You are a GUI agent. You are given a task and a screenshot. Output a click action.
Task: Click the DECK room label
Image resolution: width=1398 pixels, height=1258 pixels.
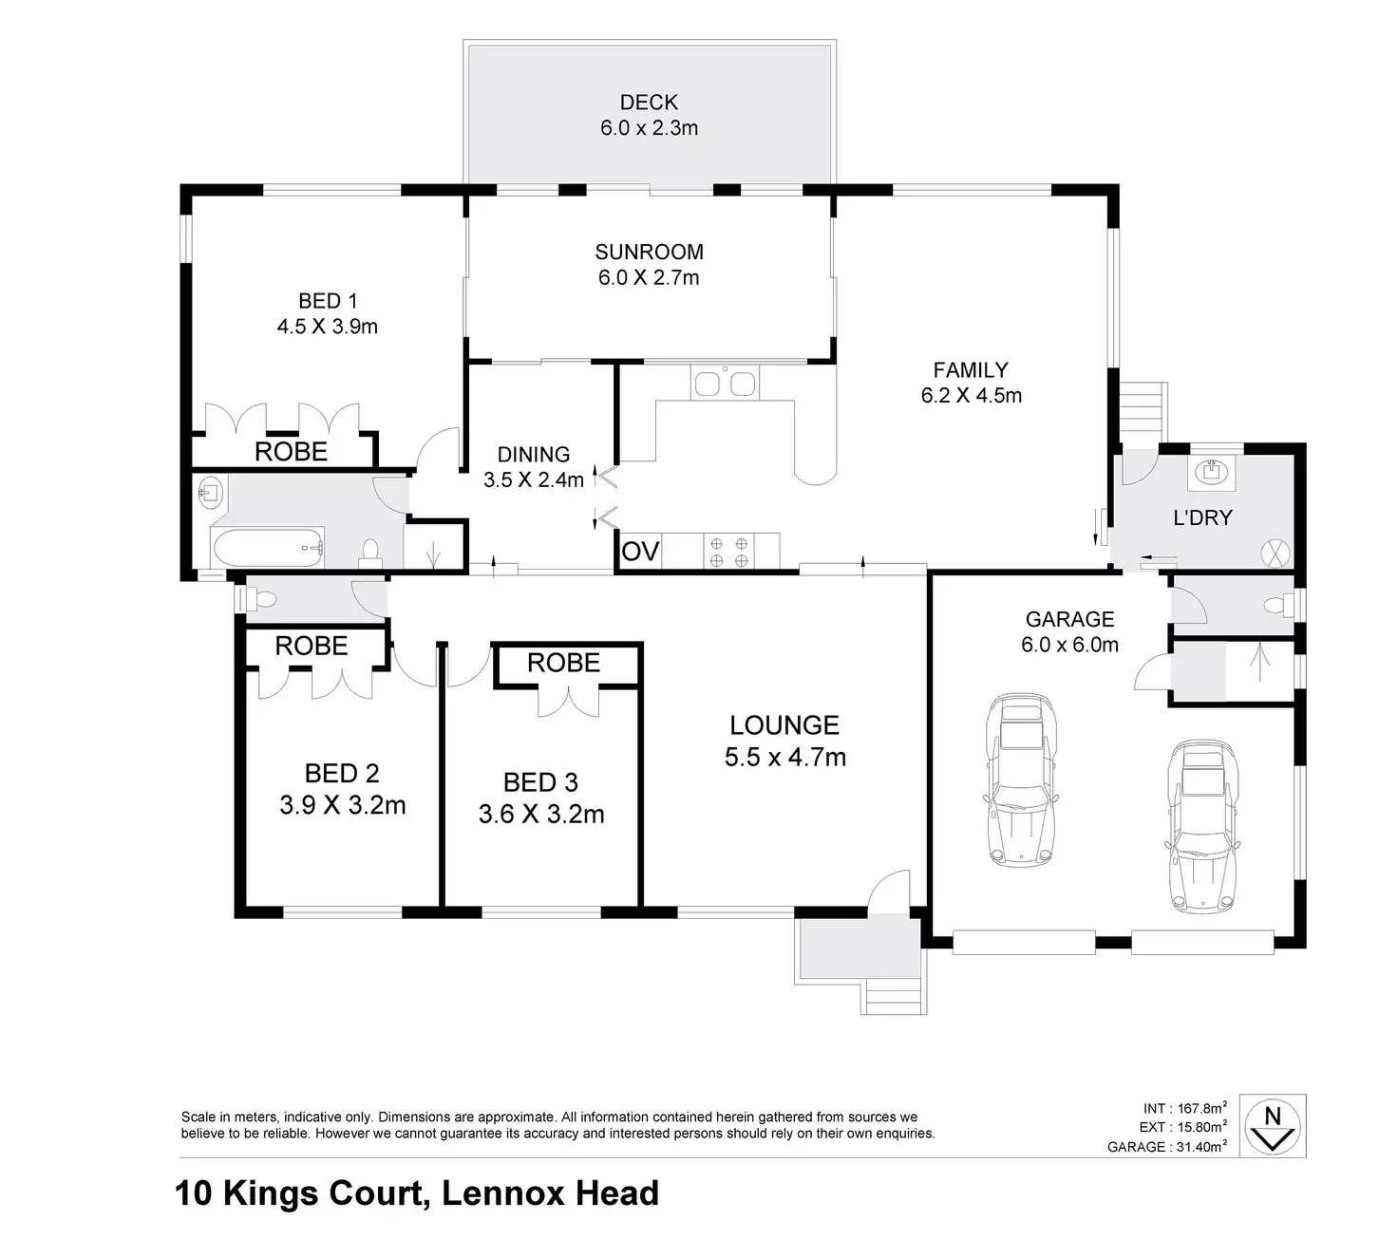[649, 103]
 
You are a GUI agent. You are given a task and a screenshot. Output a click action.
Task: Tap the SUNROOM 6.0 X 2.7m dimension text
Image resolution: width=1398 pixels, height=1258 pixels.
[649, 277]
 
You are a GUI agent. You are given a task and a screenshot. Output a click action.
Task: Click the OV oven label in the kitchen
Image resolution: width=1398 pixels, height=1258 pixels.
[640, 552]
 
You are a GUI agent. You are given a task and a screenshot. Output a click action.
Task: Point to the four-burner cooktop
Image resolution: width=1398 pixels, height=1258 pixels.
[729, 552]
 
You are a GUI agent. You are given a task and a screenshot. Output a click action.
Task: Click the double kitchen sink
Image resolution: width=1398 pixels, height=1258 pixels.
[725, 383]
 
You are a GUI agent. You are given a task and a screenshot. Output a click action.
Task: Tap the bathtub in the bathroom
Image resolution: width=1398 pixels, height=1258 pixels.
[268, 548]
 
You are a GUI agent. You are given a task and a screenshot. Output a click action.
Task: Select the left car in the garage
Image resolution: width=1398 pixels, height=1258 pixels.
[1021, 779]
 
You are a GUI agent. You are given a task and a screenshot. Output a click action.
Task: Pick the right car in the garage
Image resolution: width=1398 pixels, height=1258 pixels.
[1203, 826]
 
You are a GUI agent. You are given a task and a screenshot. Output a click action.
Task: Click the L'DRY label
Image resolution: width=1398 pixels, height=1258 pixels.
[1203, 517]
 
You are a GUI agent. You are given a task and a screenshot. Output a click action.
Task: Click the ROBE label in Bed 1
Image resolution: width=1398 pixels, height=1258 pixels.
[291, 452]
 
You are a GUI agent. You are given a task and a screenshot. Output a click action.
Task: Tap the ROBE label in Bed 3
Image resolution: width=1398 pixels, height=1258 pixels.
[563, 663]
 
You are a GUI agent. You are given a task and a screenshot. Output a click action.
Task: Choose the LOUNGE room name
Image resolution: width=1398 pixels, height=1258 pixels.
[784, 725]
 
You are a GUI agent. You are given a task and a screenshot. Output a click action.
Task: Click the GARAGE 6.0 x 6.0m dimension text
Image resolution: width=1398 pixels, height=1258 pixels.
[1069, 645]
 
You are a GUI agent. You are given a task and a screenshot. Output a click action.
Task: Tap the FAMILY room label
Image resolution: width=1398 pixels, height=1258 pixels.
[971, 369]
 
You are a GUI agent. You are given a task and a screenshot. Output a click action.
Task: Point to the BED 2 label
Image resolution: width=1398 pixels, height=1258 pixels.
[342, 774]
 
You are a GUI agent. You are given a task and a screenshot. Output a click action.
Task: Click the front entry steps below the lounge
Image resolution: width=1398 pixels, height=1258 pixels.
[894, 997]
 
